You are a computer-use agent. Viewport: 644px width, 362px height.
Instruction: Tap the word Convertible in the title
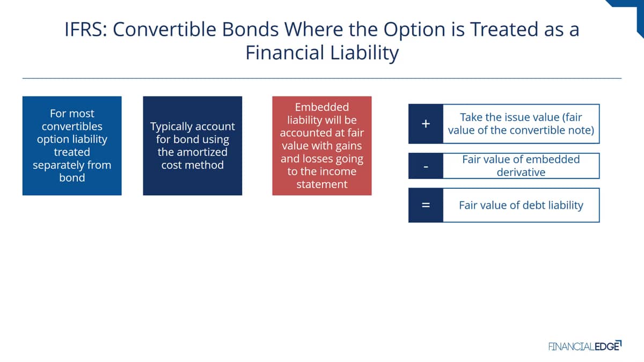click(164, 29)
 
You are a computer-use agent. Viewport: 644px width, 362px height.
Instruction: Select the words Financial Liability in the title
click(322, 53)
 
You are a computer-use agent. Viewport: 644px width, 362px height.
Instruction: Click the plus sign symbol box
click(426, 124)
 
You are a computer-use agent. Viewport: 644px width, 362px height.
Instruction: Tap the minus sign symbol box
click(426, 166)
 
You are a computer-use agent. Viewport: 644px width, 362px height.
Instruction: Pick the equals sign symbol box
click(426, 205)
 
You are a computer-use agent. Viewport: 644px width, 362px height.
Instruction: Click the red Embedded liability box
click(322, 146)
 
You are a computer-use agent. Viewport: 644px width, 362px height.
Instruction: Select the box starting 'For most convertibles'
click(72, 146)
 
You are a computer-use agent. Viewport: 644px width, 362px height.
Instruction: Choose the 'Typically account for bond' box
click(193, 146)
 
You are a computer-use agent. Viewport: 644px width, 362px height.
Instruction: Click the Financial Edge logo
click(585, 346)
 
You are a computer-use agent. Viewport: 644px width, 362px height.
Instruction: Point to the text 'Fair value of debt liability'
click(521, 205)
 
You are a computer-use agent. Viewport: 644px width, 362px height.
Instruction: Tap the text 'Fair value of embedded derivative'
click(521, 166)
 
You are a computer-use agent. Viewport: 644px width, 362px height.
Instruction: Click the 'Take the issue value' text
click(521, 124)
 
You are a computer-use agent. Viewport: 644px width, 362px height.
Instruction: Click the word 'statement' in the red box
click(322, 184)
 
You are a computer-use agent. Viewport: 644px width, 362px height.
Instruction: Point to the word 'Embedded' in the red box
click(322, 107)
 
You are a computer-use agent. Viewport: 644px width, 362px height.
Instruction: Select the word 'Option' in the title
click(414, 29)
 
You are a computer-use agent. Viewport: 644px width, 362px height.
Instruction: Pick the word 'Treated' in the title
click(504, 29)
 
